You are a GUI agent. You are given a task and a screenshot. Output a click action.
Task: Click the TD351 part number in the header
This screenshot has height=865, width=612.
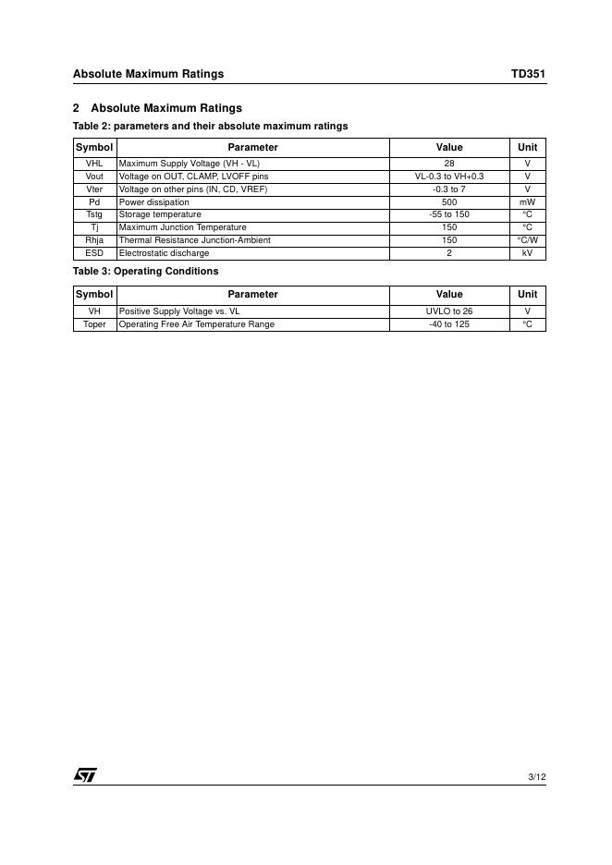(x=529, y=74)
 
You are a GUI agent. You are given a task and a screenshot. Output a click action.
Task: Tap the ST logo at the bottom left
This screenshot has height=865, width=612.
(x=85, y=775)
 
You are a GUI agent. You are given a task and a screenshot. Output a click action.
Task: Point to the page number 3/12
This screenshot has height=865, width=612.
(x=536, y=777)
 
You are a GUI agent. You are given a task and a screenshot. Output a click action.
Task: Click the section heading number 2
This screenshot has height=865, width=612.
(x=77, y=108)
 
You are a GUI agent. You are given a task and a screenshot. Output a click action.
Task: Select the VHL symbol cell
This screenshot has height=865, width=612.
(x=94, y=164)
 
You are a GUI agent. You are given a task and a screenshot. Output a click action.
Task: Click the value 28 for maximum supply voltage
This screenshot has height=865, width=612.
(x=449, y=164)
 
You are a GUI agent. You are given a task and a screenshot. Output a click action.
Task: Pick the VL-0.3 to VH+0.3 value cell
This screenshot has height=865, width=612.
(x=449, y=177)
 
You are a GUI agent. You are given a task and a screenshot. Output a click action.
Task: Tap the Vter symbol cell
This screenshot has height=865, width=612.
(x=94, y=189)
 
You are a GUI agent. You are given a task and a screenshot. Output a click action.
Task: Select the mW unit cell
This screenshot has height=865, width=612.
(x=527, y=202)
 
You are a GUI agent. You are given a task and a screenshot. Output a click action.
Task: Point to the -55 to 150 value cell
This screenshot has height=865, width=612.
(x=449, y=214)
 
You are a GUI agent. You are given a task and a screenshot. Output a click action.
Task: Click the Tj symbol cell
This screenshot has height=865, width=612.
(x=94, y=227)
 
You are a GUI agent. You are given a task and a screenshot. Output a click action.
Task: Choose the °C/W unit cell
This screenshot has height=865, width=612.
(x=527, y=240)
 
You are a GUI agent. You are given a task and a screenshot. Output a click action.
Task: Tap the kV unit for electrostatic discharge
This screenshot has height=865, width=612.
(x=527, y=253)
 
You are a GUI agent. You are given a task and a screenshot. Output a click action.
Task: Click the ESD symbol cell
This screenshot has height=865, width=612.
(x=94, y=253)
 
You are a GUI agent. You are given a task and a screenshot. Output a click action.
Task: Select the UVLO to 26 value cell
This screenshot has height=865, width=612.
(x=449, y=311)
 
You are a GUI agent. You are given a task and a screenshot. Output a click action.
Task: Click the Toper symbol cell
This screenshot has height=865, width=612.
(x=94, y=324)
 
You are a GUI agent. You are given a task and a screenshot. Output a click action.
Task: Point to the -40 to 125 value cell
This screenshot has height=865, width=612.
(x=449, y=324)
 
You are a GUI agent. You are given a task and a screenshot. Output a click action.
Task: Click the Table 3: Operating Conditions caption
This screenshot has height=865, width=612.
(x=146, y=272)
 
